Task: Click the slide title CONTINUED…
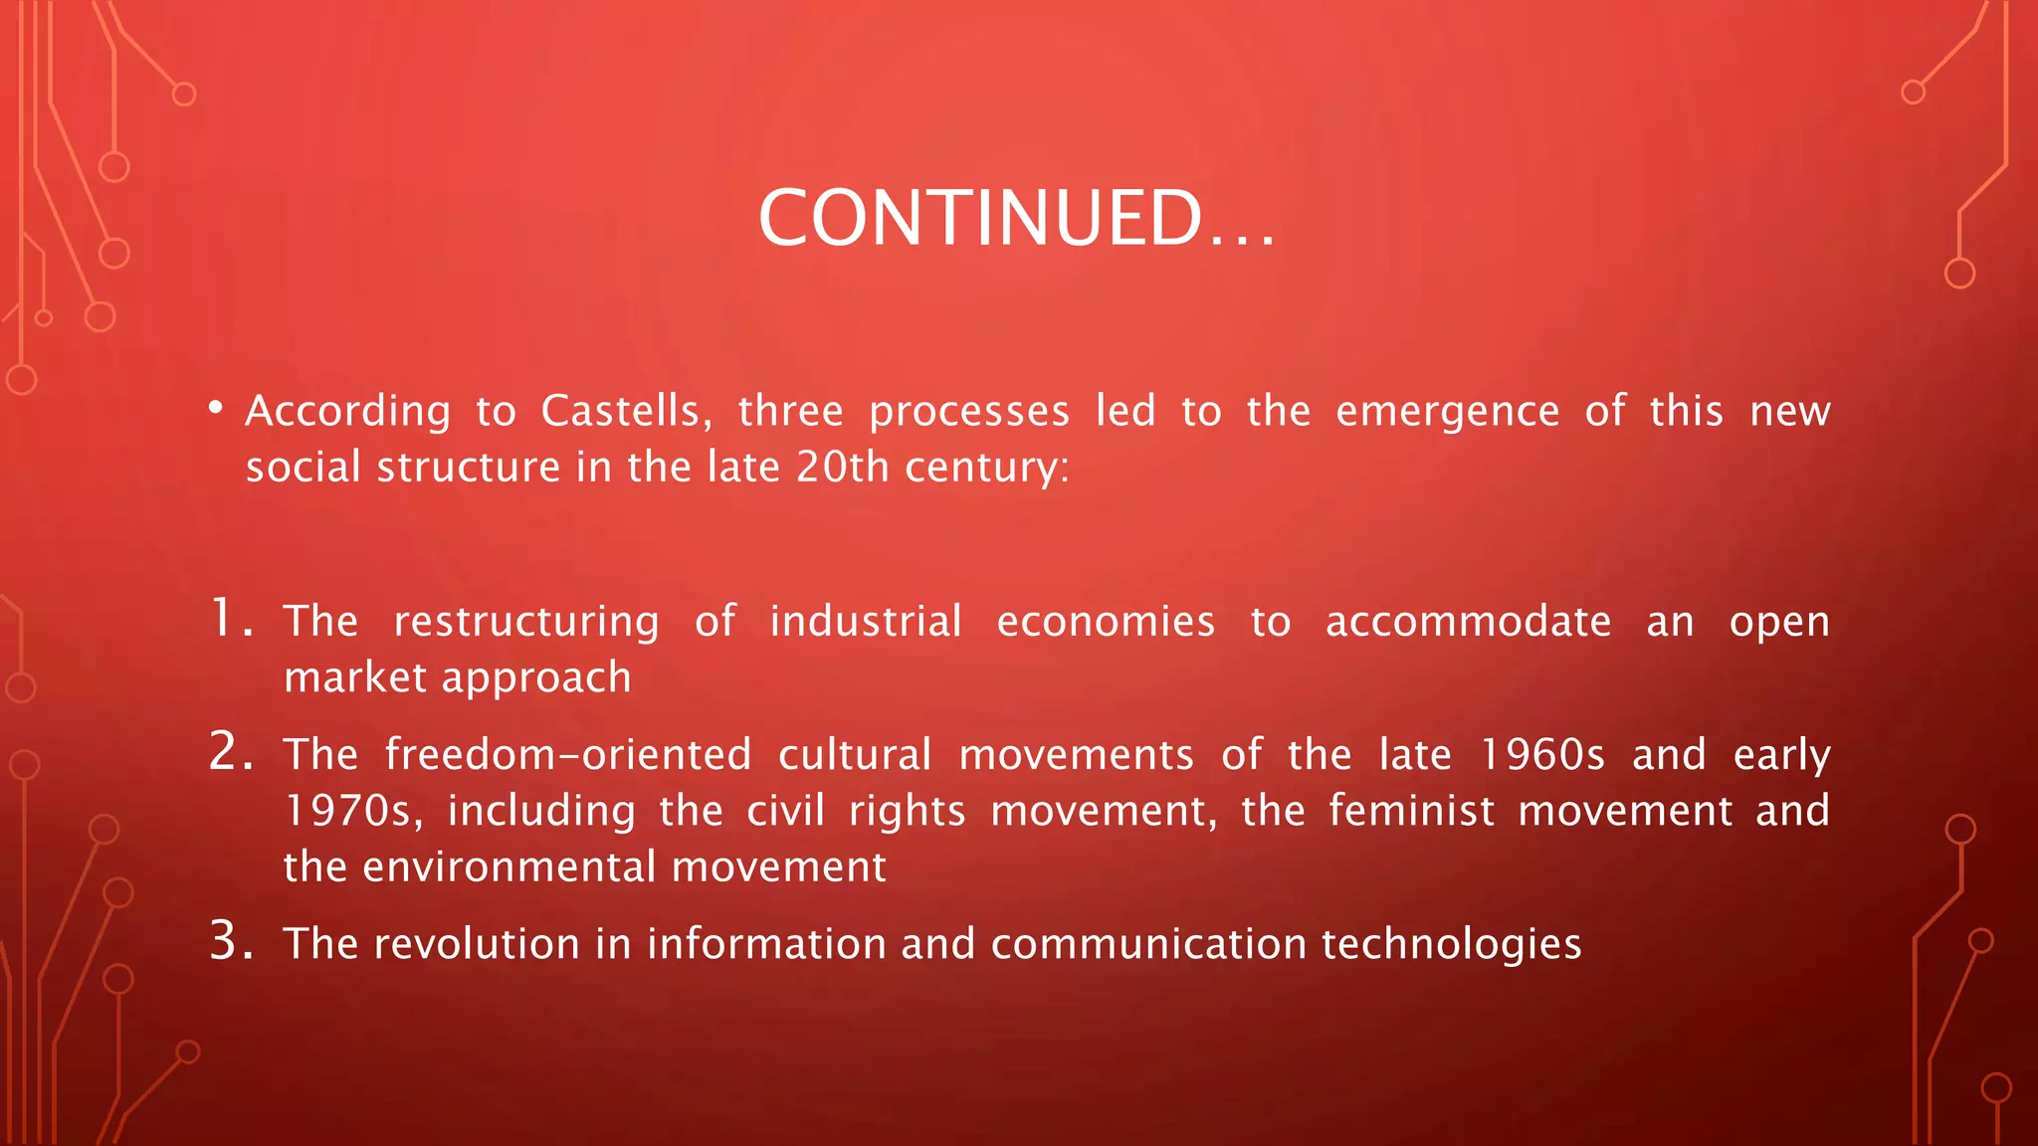[1016, 218]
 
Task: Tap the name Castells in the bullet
[626, 412]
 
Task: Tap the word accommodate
[1468, 622]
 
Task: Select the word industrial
[866, 622]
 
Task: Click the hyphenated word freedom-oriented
[568, 754]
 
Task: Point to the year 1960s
[1541, 754]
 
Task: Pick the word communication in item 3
[1148, 944]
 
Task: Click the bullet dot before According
[216, 408]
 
